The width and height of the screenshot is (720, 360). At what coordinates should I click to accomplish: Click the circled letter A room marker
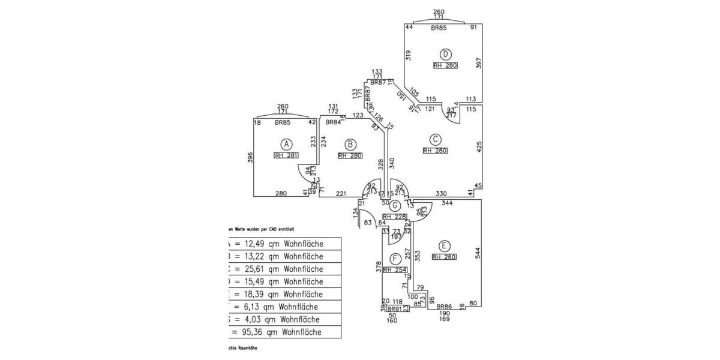tap(287, 144)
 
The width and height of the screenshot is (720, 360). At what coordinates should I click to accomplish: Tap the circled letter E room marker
tap(443, 245)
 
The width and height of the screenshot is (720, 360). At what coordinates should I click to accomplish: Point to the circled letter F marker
tap(395, 259)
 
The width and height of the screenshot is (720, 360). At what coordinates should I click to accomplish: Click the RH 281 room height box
tap(286, 155)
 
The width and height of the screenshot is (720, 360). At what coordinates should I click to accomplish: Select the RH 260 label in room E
tap(444, 257)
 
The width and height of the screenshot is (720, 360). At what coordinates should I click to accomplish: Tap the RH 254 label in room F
tap(395, 270)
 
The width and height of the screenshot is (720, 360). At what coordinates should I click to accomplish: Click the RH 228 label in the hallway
tap(395, 217)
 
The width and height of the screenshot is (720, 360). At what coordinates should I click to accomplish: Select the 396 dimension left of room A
tap(250, 158)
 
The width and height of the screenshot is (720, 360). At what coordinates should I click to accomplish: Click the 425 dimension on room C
tap(479, 148)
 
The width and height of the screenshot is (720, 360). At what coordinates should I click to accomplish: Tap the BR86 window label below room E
tap(445, 306)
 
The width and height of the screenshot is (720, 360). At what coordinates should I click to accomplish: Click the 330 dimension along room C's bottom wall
tap(441, 194)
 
